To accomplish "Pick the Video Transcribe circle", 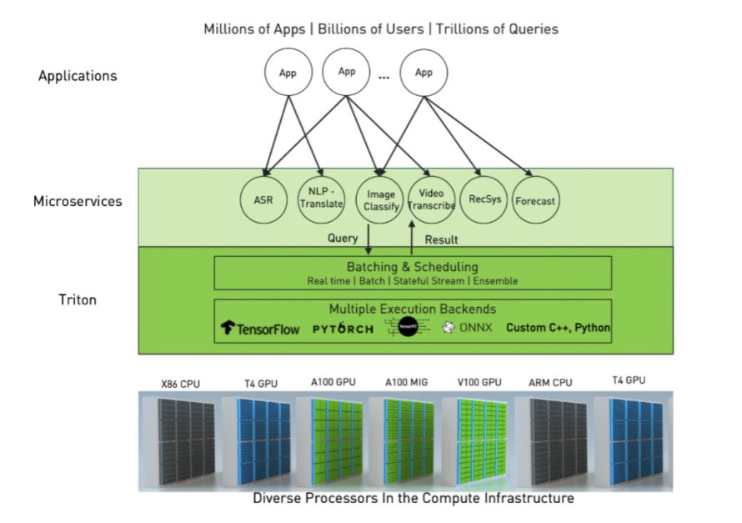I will pyautogui.click(x=432, y=199).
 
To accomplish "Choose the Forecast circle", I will pyautogui.click(x=535, y=200).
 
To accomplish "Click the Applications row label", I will pyautogui.click(x=78, y=76).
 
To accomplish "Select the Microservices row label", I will pyautogui.click(x=78, y=201).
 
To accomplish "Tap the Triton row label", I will pyautogui.click(x=78, y=299).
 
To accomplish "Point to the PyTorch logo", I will pyautogui.click(x=343, y=329).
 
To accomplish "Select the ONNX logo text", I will pyautogui.click(x=470, y=328).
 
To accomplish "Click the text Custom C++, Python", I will pyautogui.click(x=558, y=328).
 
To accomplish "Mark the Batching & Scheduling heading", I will pyautogui.click(x=413, y=267).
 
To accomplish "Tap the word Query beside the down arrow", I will pyautogui.click(x=343, y=238).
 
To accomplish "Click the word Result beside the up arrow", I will pyautogui.click(x=442, y=239).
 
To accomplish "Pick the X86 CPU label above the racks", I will pyautogui.click(x=180, y=384).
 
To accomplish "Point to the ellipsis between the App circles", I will pyautogui.click(x=384, y=77).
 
